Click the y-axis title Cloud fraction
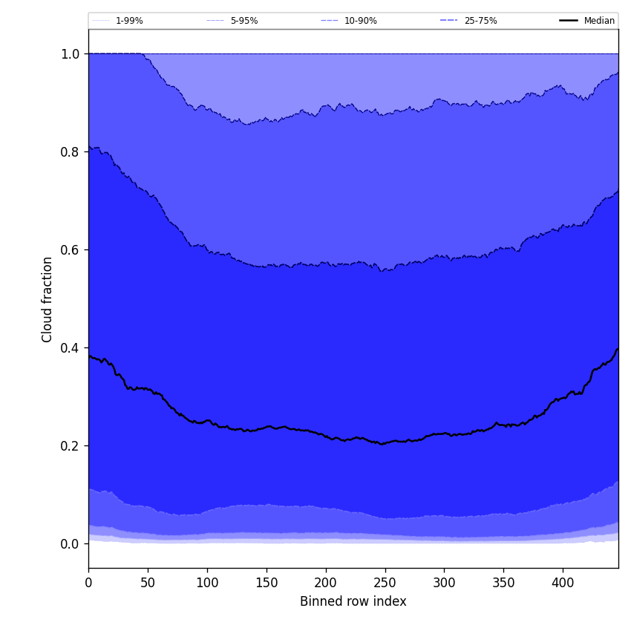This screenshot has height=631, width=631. pyautogui.click(x=48, y=299)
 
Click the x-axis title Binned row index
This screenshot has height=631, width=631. pyautogui.click(x=353, y=601)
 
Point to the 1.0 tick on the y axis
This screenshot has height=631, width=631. pyautogui.click(x=70, y=53)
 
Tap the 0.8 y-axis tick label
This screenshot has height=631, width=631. pyautogui.click(x=70, y=151)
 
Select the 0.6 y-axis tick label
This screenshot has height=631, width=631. pyautogui.click(x=70, y=249)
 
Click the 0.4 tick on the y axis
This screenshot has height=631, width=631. pyautogui.click(x=70, y=347)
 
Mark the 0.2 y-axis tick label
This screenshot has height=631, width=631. pyautogui.click(x=70, y=445)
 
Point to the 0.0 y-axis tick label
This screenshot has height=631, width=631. pyautogui.click(x=70, y=543)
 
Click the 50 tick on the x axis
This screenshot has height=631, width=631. pyautogui.click(x=148, y=583)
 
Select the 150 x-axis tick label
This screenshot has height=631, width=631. pyautogui.click(x=267, y=583)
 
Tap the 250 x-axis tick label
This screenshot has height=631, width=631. pyautogui.click(x=385, y=583)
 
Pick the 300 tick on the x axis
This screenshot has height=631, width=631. pyautogui.click(x=444, y=583)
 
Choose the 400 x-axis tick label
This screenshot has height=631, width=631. pyautogui.click(x=563, y=583)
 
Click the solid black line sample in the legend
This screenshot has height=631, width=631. pyautogui.click(x=569, y=21)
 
